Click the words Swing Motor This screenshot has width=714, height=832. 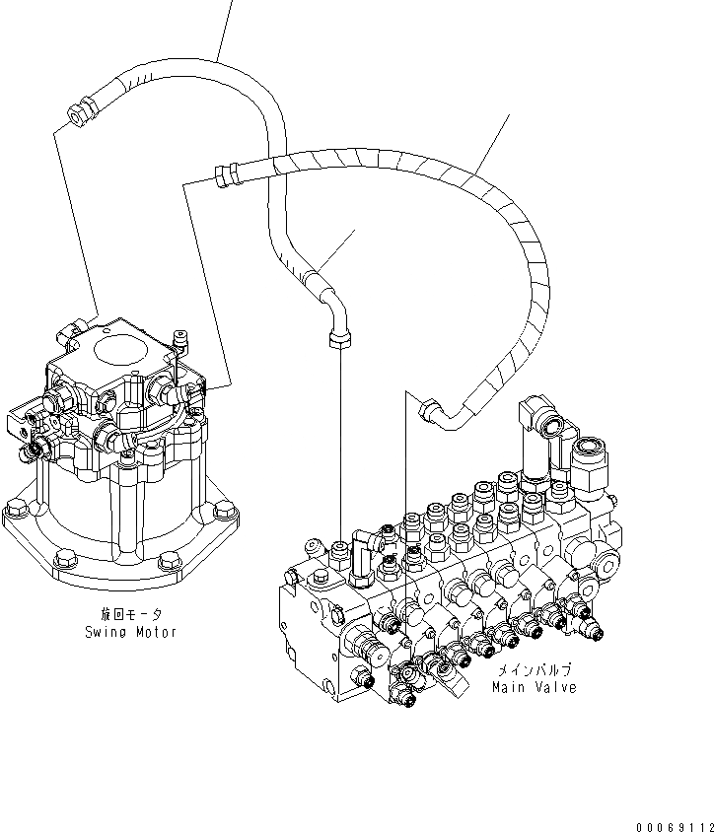[x=130, y=632]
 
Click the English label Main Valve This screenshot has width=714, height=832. [x=535, y=686]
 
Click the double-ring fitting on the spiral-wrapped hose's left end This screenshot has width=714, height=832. [x=225, y=176]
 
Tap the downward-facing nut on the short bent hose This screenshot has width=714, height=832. [x=337, y=340]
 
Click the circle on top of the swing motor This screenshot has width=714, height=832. [x=120, y=352]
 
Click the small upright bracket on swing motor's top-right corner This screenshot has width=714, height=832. [x=178, y=341]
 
